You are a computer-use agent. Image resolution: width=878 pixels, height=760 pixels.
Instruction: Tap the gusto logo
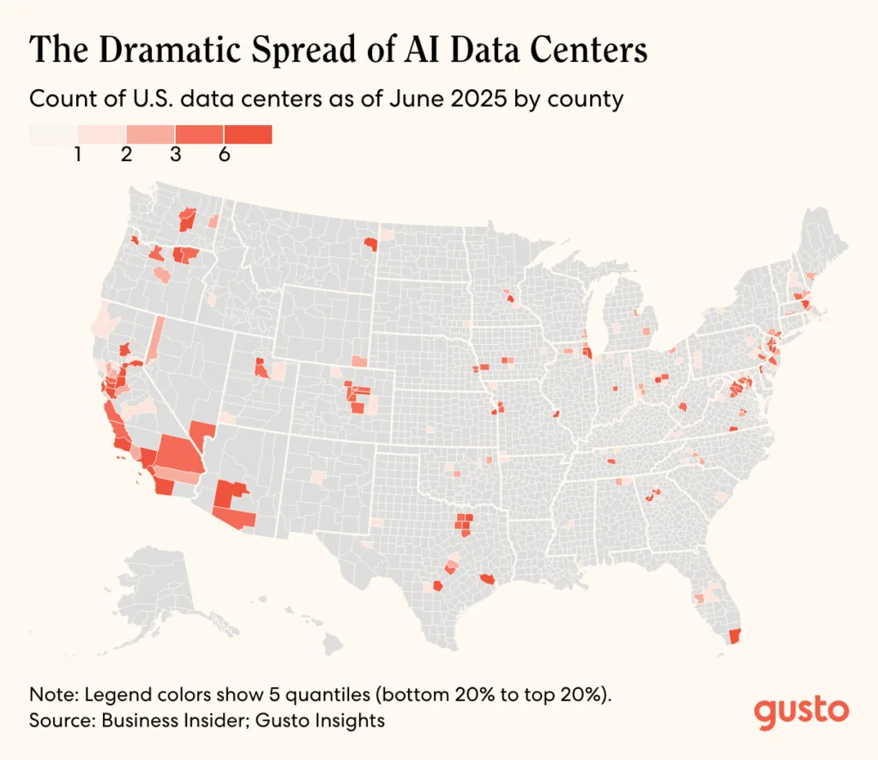[x=802, y=711]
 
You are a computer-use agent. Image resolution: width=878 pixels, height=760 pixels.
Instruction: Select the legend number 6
[x=225, y=157]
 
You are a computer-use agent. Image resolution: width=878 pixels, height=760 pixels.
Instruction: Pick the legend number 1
[x=78, y=157]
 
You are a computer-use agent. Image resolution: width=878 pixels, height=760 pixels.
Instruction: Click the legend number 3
[x=176, y=157]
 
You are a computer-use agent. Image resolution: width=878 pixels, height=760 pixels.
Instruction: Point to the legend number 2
[x=127, y=157]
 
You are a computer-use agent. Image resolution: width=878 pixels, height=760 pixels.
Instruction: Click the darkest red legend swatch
[x=248, y=135]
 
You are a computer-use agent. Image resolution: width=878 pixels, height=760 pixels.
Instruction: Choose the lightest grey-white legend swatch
[x=53, y=135]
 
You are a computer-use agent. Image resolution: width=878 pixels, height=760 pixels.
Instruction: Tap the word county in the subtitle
[x=592, y=99]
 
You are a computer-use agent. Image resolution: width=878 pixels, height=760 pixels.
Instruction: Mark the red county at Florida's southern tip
[x=733, y=636]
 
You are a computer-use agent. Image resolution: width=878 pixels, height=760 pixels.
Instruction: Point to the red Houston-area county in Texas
[x=488, y=579]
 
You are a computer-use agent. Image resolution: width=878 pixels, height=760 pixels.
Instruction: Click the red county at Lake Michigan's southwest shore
[x=587, y=353]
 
